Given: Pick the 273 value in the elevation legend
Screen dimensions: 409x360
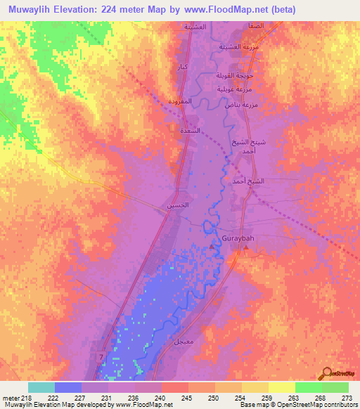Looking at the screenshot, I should pos(347,397).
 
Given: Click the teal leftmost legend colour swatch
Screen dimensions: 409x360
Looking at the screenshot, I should pos(41,387).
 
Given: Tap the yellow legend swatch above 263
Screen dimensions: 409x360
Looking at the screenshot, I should pos(281,387).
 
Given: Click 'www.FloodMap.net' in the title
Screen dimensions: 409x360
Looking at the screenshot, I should pos(231,9).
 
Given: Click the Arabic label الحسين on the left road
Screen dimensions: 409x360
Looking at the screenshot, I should pos(177,205).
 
